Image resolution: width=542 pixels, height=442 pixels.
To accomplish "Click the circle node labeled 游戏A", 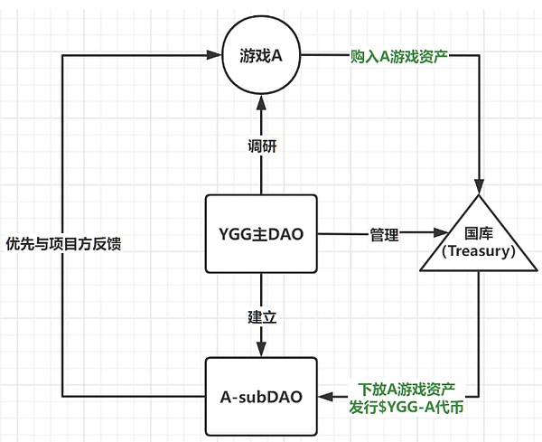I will [261, 58].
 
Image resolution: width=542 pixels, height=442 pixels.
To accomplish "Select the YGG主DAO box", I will [261, 233].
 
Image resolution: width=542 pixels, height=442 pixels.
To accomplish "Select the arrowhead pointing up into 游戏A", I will [261, 102].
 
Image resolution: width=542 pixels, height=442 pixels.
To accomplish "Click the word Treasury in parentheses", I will [479, 251].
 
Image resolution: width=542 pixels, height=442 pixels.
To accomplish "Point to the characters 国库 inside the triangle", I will [479, 231].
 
